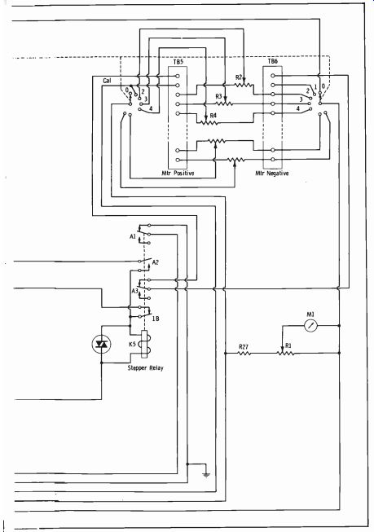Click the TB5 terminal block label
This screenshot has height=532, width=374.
pos(178,62)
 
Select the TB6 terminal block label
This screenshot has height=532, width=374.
pos(272,61)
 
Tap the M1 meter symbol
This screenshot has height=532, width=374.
pos(310,326)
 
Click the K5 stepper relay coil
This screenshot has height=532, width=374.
pos(144,344)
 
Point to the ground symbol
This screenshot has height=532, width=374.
pos(206,474)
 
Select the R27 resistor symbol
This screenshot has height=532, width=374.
pos(244,354)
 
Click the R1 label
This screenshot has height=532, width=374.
pos(288,345)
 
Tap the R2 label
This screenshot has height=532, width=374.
pos(239,77)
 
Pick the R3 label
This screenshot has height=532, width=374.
pos(218,97)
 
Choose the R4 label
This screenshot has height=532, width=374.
pos(213,116)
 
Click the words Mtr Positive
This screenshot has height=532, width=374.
pos(178,173)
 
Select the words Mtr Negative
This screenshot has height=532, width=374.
pos(272,173)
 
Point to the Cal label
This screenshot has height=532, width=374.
pos(107,81)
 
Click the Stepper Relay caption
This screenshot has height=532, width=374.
pos(145,367)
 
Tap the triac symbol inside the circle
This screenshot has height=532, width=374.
pos(102,345)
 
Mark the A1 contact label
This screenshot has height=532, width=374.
pos(133,236)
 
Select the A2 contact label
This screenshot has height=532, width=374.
pos(156,262)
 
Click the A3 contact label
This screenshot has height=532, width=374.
pos(134,291)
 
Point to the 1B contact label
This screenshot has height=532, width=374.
pos(156,319)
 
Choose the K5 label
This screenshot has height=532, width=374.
pos(132,344)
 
